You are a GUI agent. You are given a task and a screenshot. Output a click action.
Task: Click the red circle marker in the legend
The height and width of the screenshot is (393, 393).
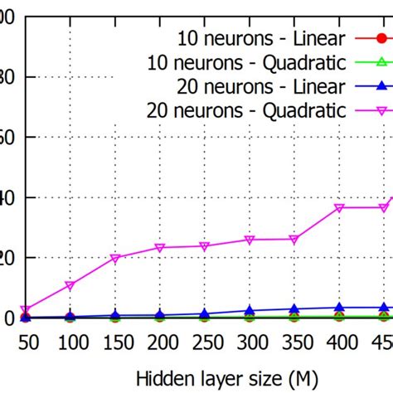(x=381, y=38)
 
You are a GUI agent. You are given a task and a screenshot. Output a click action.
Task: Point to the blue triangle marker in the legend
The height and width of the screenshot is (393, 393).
(x=381, y=86)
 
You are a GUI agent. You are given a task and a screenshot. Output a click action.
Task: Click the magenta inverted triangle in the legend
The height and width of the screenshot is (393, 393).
(x=381, y=110)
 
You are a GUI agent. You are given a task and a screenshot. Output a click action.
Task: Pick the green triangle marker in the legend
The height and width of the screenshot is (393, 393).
(x=381, y=62)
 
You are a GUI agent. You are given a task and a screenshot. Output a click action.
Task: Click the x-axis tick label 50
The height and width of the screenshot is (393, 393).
(x=27, y=342)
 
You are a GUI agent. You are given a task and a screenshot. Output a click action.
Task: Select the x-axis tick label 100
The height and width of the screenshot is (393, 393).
(x=70, y=342)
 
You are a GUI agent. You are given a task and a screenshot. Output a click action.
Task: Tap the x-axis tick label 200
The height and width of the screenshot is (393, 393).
(x=160, y=342)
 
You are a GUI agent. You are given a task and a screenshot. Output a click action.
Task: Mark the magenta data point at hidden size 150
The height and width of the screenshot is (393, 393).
(x=115, y=259)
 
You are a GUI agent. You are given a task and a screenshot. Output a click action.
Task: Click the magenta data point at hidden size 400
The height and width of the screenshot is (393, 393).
(x=338, y=208)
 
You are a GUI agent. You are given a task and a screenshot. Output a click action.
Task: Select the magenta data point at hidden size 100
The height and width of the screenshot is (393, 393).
(x=70, y=286)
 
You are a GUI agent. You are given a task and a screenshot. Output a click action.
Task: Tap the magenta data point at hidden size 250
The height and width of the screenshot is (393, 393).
(x=205, y=246)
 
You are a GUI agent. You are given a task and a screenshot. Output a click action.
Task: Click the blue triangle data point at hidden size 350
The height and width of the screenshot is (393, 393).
(x=294, y=309)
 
